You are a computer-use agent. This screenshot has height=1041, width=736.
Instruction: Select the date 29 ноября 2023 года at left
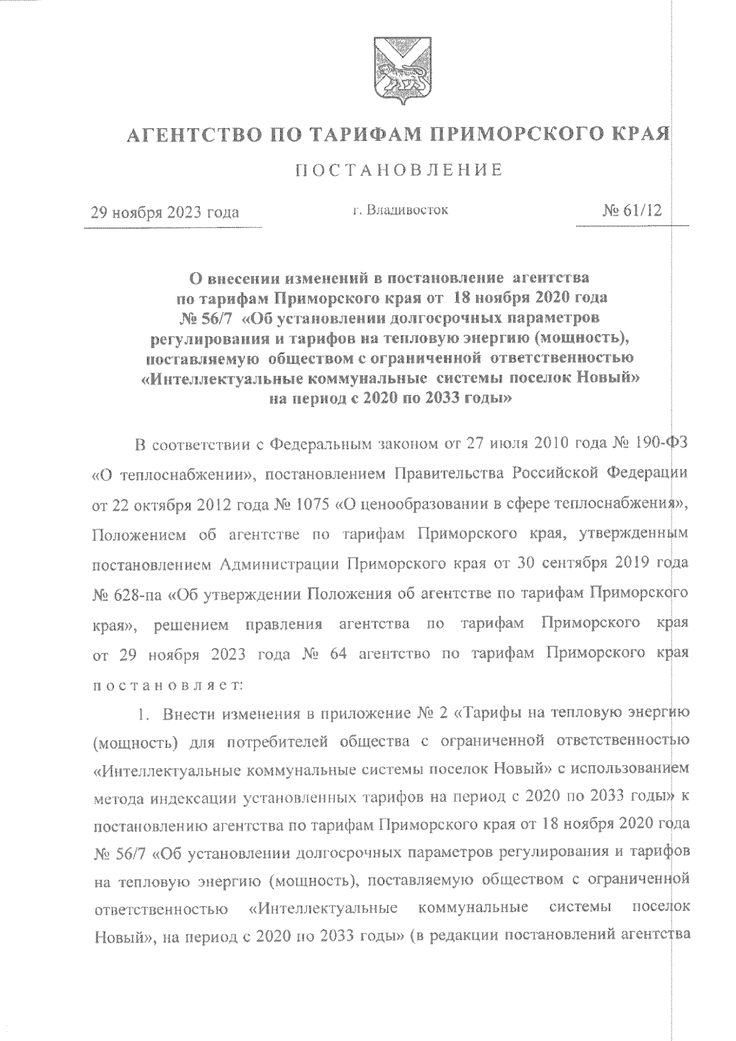[165, 213]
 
